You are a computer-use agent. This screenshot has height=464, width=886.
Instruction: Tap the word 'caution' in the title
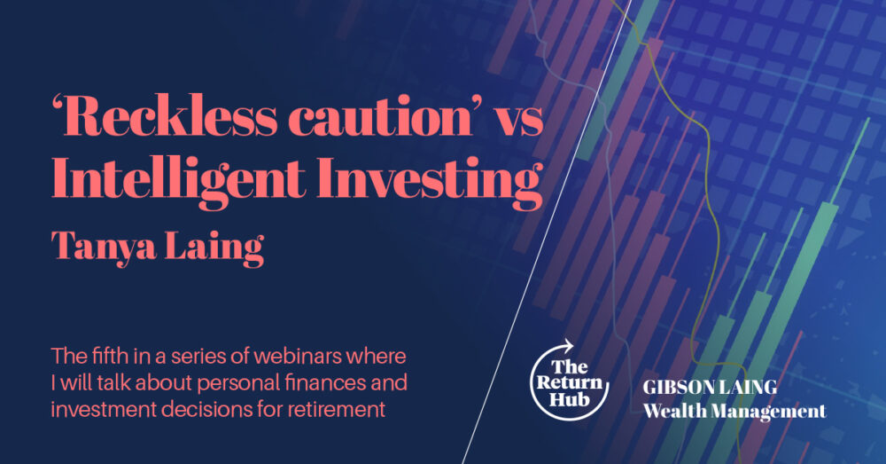[380, 118]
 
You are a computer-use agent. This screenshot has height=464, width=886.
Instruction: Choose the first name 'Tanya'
[104, 246]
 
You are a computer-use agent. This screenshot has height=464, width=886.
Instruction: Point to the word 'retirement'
[337, 408]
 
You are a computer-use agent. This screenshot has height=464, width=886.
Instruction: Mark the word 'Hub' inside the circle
[570, 399]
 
